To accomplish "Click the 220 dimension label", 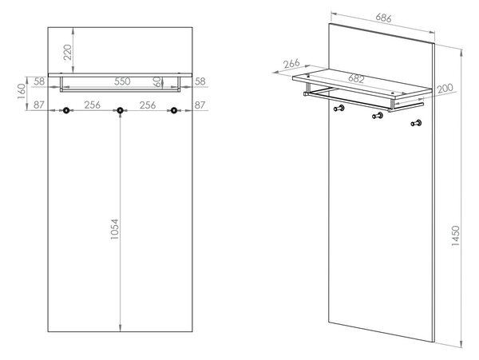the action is (68, 52).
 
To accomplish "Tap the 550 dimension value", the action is (122, 81).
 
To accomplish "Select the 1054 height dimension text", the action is (114, 229).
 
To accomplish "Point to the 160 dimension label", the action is (22, 91).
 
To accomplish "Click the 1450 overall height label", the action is (455, 236).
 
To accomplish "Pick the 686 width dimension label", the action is (383, 18).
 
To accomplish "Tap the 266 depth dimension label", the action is (291, 64).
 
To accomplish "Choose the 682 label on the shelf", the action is (356, 79).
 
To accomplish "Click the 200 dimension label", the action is (445, 89).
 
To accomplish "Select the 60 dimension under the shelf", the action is (157, 81).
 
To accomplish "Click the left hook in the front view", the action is (66, 110).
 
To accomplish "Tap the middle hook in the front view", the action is (120, 110).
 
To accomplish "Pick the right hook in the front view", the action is (174, 110).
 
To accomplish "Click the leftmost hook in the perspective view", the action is (338, 108).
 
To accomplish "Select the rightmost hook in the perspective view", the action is (416, 124).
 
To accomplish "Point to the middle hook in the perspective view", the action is (378, 116).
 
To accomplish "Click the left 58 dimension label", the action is (39, 81).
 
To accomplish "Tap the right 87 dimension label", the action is (200, 105).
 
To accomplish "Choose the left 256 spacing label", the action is (93, 105).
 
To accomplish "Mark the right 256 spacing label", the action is (148, 105).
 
